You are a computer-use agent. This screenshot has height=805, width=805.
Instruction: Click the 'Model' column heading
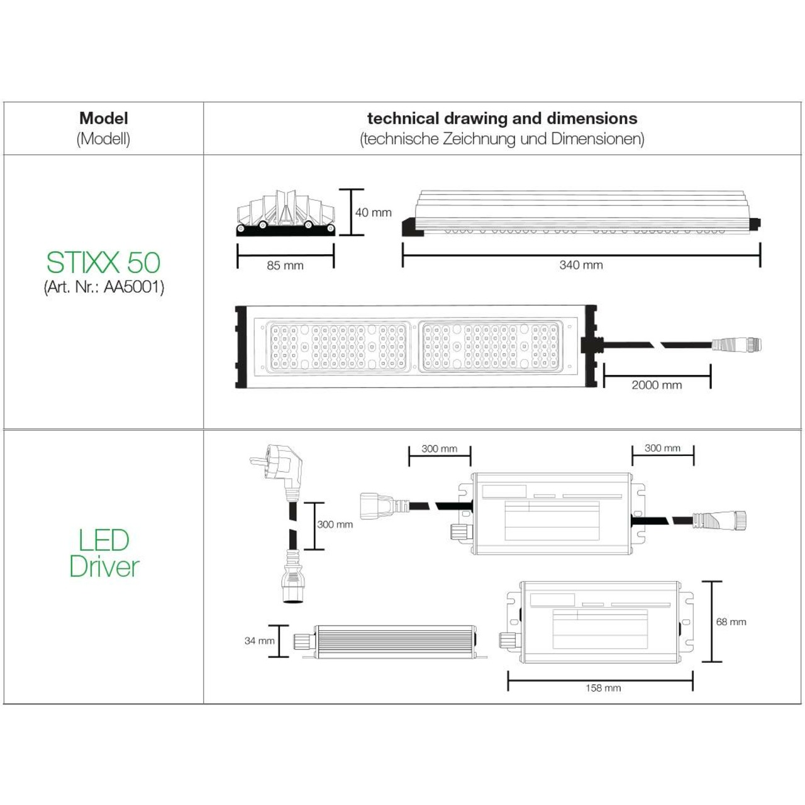104,118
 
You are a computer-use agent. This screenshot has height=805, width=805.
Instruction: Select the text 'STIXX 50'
104,262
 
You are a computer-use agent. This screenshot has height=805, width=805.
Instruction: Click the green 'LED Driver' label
104,553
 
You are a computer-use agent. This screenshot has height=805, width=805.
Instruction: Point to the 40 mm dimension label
373,213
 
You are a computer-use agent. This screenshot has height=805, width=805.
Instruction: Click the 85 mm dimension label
285,265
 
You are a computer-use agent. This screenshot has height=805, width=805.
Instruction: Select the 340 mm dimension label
580,265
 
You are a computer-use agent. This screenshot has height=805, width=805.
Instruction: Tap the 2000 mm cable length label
657,385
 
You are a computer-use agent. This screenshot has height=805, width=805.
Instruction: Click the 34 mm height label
259,641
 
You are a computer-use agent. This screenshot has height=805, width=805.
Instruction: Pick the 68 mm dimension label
731,621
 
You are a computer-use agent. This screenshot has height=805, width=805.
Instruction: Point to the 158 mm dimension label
603,688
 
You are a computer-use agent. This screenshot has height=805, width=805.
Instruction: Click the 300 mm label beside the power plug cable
335,524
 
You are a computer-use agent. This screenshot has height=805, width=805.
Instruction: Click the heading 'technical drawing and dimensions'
502,118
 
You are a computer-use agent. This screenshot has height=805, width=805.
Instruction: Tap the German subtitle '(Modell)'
104,139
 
